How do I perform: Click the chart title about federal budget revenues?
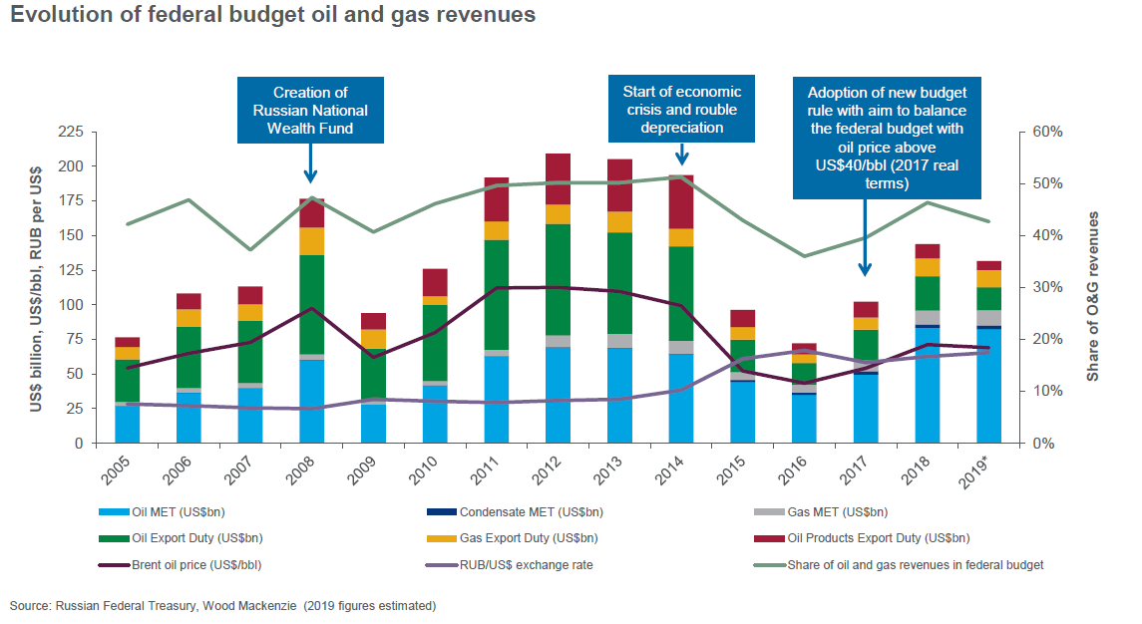click(x=273, y=16)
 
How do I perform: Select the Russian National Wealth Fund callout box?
click(x=310, y=111)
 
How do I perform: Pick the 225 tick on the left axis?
click(x=71, y=132)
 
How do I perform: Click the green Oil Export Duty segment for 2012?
click(x=558, y=279)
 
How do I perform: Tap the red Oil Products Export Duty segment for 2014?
click(x=681, y=202)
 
